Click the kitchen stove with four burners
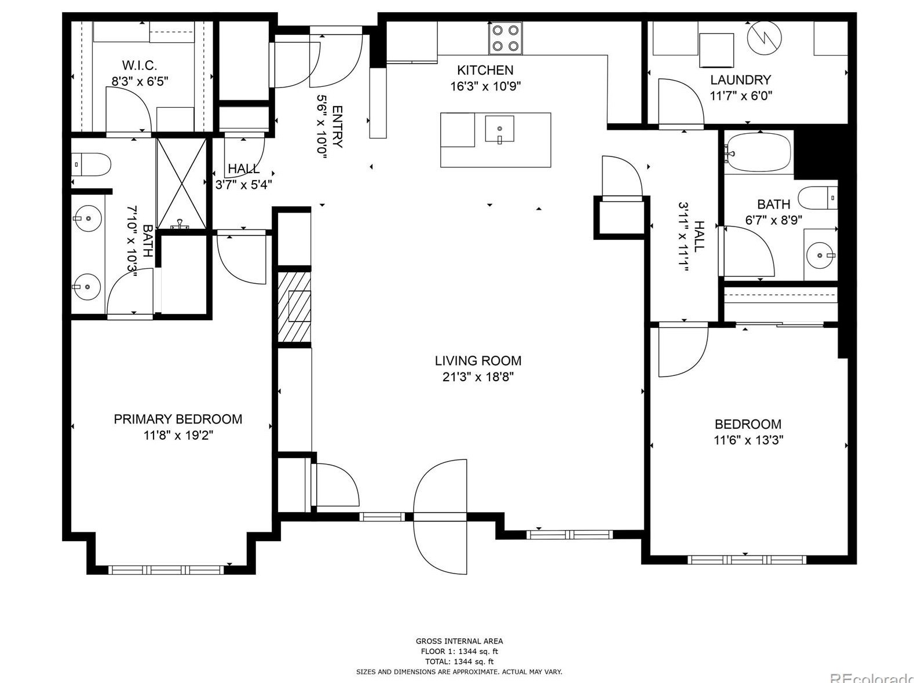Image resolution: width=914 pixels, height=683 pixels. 506,38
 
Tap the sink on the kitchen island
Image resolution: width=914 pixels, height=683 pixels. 499,129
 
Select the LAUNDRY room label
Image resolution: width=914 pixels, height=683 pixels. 740,80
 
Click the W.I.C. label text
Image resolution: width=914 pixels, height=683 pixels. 139,65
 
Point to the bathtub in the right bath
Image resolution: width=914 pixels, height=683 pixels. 759,152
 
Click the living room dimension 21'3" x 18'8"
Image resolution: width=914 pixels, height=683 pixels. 478,377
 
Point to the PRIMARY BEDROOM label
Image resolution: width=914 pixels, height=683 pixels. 178,419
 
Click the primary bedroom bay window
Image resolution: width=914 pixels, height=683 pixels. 166,570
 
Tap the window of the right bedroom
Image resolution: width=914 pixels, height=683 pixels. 746,560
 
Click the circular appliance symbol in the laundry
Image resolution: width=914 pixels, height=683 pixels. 764,38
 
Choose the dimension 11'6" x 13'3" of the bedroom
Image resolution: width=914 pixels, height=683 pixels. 748,440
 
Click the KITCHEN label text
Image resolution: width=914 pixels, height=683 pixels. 485,70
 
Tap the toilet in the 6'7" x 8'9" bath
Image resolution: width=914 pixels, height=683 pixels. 817,198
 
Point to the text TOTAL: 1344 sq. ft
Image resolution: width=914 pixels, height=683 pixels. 459,661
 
